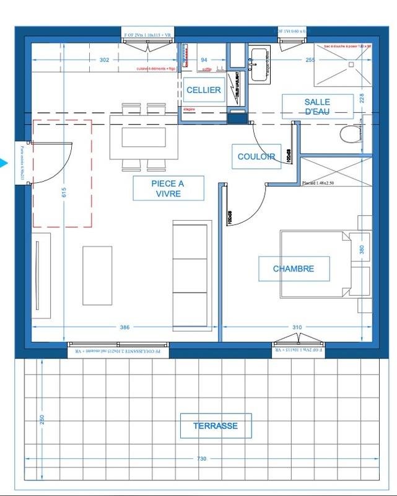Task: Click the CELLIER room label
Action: pyautogui.click(x=203, y=91)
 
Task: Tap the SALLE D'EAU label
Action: pyautogui.click(x=316, y=106)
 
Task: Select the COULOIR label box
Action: pyautogui.click(x=256, y=157)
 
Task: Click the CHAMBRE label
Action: pyautogui.click(x=294, y=269)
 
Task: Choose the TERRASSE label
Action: pyautogui.click(x=214, y=427)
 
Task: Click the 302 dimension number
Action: pyautogui.click(x=104, y=60)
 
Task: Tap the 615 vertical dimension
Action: pyautogui.click(x=63, y=193)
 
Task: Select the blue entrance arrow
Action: pyautogui.click(x=4, y=164)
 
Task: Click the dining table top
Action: pyautogui.click(x=142, y=135)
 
